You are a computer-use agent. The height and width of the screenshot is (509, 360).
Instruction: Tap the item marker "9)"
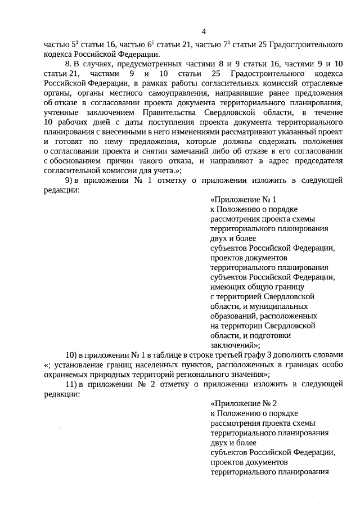[71, 181]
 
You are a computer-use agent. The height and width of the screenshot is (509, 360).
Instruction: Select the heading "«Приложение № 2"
[244, 403]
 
